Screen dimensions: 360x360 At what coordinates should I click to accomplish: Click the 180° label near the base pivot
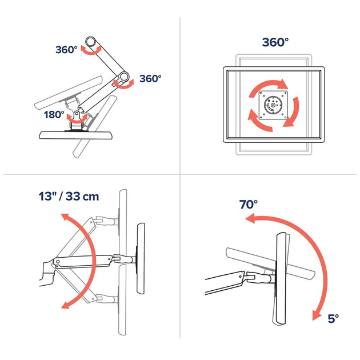pyautogui.click(x=54, y=114)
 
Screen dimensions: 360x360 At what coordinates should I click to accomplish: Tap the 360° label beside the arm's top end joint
pyautogui.click(x=66, y=49)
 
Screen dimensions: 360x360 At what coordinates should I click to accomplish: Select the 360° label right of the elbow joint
pyautogui.click(x=150, y=78)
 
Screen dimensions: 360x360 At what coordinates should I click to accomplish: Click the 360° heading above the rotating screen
pyautogui.click(x=275, y=42)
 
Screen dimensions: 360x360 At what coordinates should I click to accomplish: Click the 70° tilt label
pyautogui.click(x=249, y=204)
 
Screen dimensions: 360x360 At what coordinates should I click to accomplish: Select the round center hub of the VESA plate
pyautogui.click(x=273, y=105)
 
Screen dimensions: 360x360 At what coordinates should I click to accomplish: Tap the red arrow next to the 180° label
pyautogui.click(x=79, y=118)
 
